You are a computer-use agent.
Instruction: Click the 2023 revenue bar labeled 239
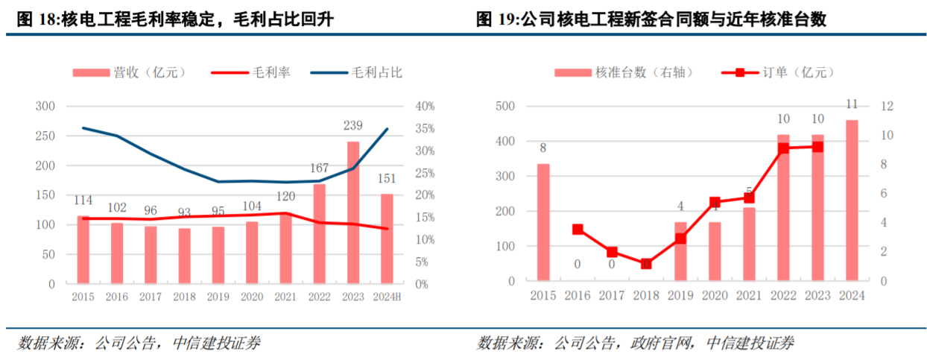353,212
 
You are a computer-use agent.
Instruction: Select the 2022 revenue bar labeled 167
319,234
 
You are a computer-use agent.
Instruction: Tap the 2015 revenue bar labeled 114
83,250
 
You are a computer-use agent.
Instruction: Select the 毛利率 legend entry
251,72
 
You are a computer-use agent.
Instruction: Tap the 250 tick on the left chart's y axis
45,136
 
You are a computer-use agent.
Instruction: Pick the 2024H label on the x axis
387,297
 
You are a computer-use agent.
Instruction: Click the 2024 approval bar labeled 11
851,200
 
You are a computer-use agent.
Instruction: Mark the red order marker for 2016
578,230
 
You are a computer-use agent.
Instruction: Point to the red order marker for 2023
817,147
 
